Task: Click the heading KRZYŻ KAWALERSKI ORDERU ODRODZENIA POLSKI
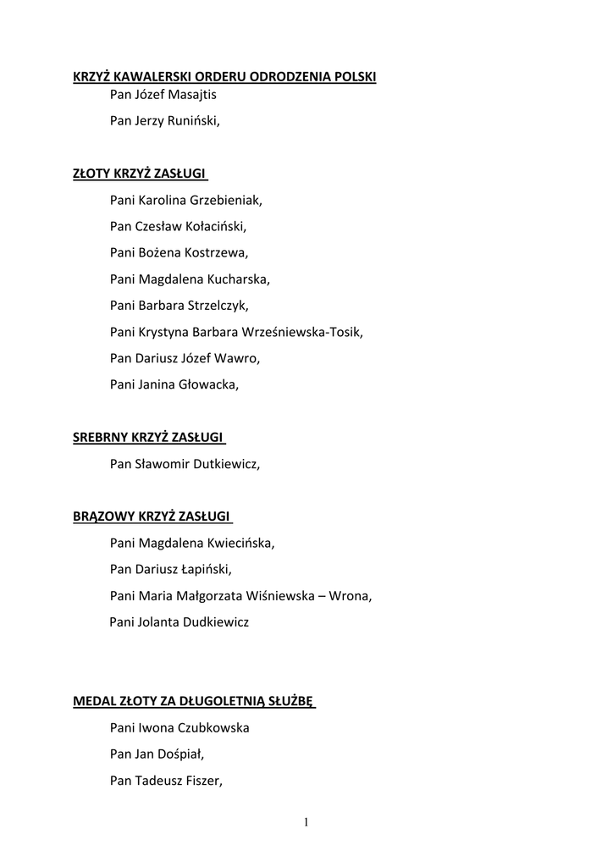click(x=224, y=77)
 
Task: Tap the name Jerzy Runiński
click(x=178, y=121)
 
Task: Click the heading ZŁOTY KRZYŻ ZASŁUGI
click(x=139, y=174)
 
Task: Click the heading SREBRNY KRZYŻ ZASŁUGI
click(x=147, y=437)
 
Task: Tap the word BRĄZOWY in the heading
click(x=100, y=516)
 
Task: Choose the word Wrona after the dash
click(x=353, y=595)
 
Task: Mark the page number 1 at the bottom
click(x=306, y=822)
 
